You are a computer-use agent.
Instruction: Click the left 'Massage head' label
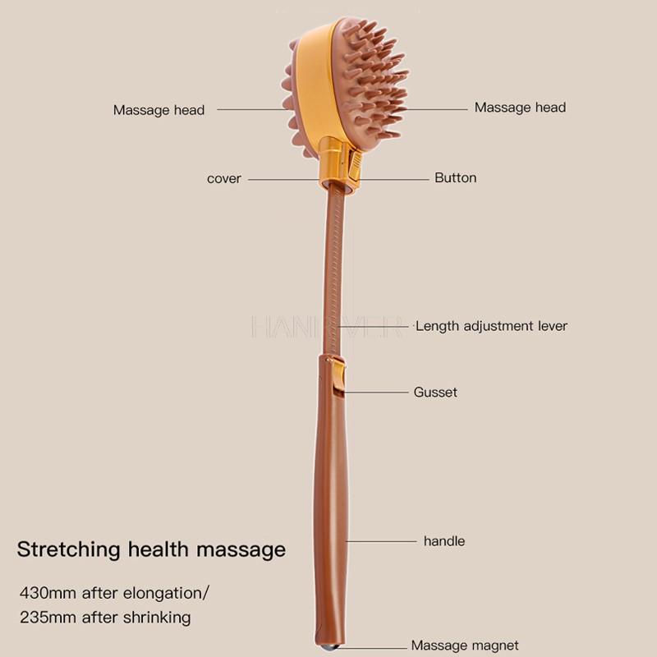159,110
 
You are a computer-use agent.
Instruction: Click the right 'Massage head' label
520,108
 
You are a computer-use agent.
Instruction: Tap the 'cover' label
223,178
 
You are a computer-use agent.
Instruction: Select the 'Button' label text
455,177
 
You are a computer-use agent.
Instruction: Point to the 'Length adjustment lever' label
491,326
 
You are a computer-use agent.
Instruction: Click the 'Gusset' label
435,392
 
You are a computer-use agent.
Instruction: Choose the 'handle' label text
443,541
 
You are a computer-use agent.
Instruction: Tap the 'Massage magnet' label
465,646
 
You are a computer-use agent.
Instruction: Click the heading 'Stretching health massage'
152,549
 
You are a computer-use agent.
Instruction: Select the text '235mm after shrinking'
105,616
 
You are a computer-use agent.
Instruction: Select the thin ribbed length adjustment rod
333,271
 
